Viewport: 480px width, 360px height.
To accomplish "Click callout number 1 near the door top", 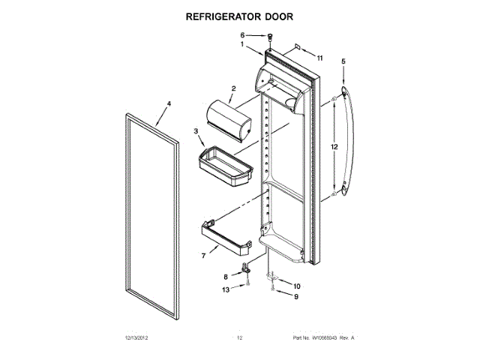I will point(242,44).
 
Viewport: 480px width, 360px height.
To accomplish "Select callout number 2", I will point(233,89).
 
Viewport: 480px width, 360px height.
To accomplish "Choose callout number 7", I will point(202,256).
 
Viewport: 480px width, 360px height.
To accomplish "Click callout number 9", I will point(295,297).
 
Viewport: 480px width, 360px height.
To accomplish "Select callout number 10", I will point(295,286).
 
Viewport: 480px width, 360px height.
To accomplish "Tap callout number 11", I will point(319,58).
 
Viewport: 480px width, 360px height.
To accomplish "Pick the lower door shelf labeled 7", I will point(225,234).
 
